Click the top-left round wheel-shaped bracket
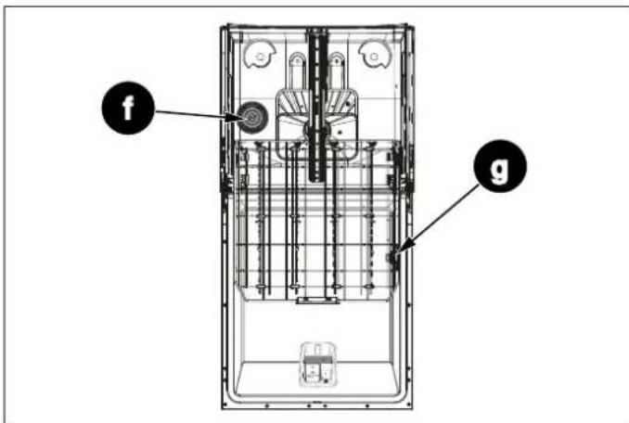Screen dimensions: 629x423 point(257,57)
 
